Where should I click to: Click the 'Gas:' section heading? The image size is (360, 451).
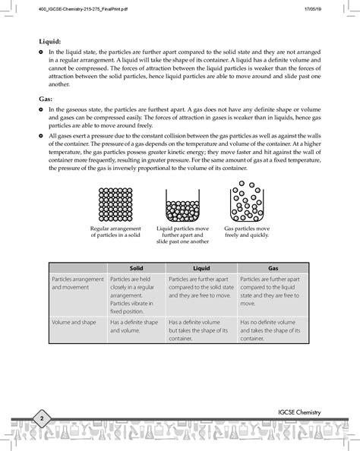pos(46,99)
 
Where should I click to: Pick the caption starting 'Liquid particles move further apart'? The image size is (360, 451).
pos(182,235)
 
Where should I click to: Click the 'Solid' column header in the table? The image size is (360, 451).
pos(136,268)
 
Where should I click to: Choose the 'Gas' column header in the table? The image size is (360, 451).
pos(273,268)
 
